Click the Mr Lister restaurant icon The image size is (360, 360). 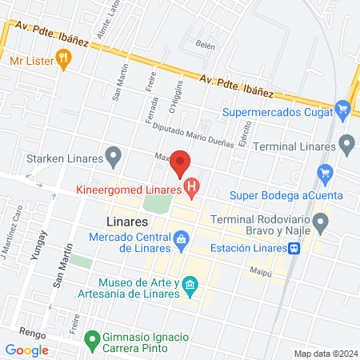(x=65, y=58)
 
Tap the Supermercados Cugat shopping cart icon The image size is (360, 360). (x=343, y=109)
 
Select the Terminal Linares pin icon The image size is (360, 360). (x=346, y=145)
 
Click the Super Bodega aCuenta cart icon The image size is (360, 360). (x=325, y=173)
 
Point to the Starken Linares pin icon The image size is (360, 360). (x=114, y=154)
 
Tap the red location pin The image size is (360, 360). (x=181, y=163)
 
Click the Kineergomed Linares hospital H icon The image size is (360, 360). (x=191, y=190)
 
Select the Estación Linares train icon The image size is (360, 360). (x=295, y=248)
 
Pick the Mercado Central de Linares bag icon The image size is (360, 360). (x=182, y=239)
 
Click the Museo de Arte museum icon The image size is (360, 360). (x=190, y=284)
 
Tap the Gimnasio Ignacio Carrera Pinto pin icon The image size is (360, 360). (x=93, y=338)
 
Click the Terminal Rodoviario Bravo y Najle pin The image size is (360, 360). (x=321, y=222)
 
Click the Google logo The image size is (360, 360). (x=26, y=350)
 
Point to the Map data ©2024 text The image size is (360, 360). (x=324, y=353)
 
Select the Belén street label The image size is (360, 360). (x=206, y=46)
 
